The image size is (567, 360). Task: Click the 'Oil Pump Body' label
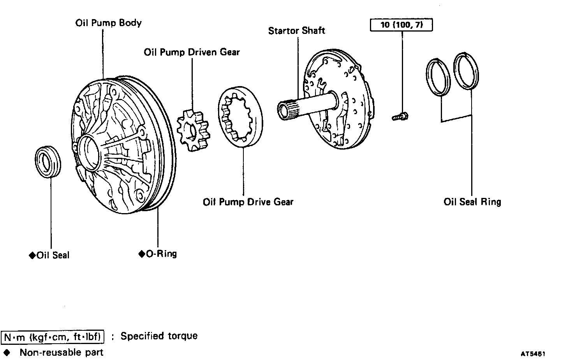[108, 23]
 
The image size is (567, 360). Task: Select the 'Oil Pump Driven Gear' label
[192, 52]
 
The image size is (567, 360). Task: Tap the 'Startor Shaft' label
[296, 31]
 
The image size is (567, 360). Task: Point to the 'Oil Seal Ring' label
[472, 202]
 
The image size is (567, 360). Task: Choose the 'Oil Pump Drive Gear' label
[248, 202]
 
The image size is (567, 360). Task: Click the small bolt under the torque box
[400, 116]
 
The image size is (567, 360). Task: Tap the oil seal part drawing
[48, 162]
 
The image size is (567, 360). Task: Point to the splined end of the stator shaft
[287, 109]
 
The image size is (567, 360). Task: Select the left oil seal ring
[438, 76]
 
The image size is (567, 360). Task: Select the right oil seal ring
[466, 71]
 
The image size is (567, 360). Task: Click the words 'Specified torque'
[159, 336]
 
